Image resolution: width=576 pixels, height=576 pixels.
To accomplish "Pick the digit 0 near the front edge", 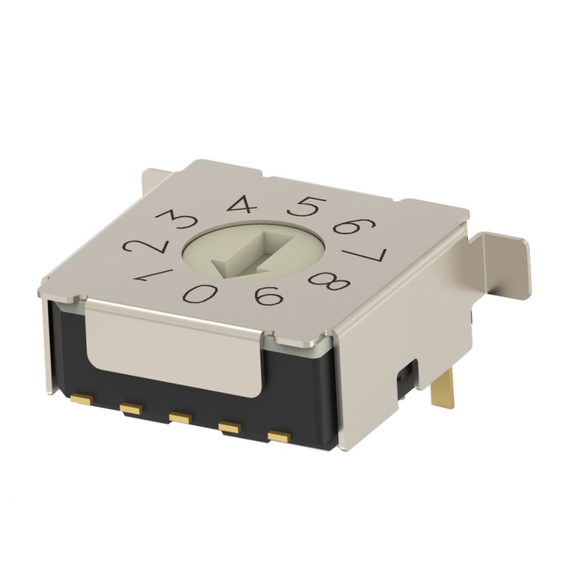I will (197, 293).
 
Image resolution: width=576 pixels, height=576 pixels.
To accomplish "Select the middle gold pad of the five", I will (178, 417).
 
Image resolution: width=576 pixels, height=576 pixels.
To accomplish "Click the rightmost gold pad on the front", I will (277, 436).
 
